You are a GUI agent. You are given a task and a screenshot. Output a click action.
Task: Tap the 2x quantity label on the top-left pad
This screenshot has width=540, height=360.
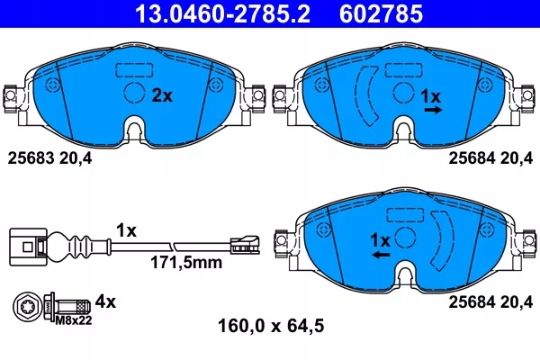pyautogui.click(x=162, y=94)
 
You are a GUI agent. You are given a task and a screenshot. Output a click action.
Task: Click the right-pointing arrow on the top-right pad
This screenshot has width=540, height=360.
pyautogui.click(x=433, y=109)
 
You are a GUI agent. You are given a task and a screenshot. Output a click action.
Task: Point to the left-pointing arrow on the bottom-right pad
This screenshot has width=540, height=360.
pyautogui.click(x=381, y=256)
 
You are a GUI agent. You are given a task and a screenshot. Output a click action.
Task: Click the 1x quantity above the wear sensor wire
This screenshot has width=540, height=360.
pyautogui.click(x=126, y=230)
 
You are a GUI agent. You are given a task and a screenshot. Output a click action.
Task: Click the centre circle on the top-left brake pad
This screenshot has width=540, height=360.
pyautogui.click(x=134, y=93)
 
